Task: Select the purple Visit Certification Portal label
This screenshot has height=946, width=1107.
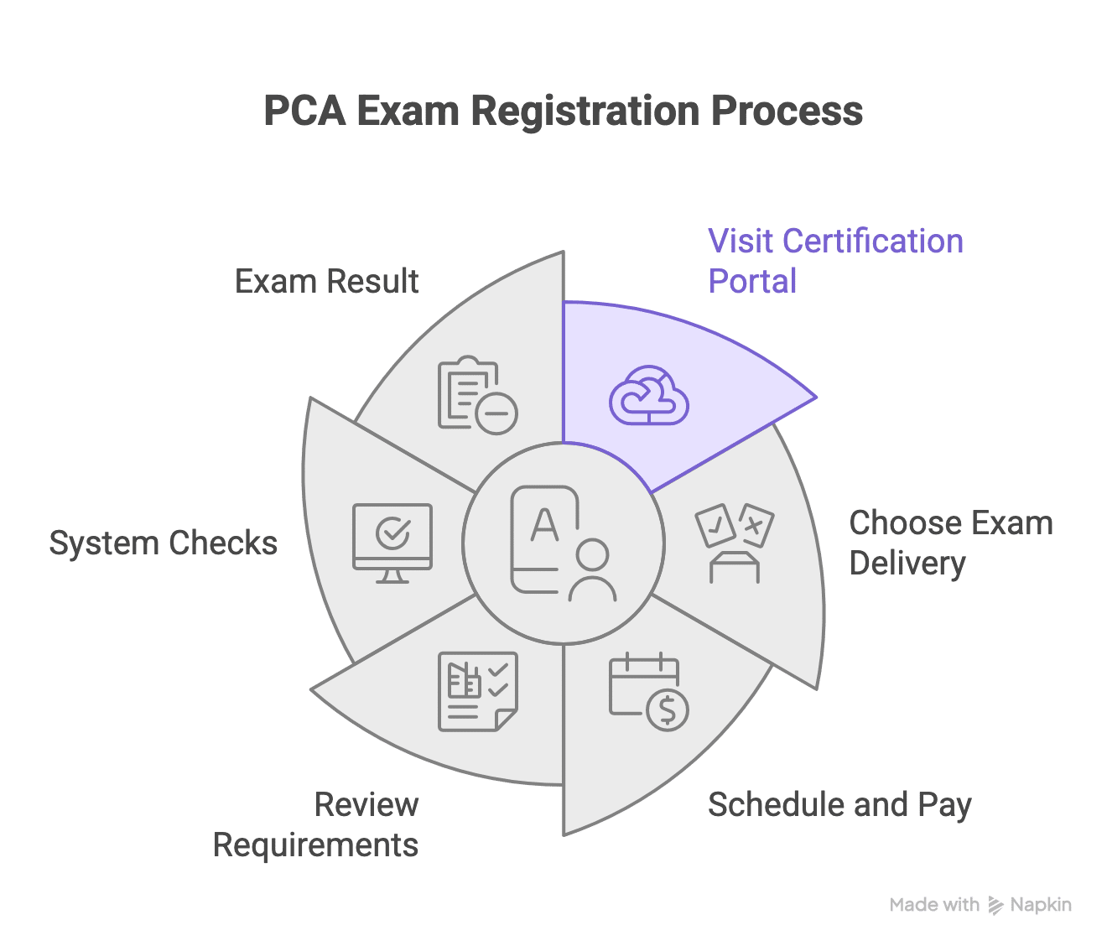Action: tap(835, 261)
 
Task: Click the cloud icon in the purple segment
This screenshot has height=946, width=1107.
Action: tap(648, 395)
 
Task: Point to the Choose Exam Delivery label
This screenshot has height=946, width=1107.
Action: tap(950, 543)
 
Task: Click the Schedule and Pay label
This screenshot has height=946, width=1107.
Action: tap(839, 805)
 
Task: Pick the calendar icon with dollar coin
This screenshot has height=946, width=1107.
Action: tap(648, 691)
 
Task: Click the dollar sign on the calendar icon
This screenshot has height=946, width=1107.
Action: tap(668, 709)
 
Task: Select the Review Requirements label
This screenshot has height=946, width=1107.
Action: tap(317, 824)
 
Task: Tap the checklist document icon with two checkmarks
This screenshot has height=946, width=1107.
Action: tap(478, 691)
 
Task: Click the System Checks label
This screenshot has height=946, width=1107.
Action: tap(163, 543)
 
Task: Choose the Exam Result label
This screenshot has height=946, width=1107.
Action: tap(326, 281)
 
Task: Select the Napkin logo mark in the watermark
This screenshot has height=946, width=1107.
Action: tap(995, 905)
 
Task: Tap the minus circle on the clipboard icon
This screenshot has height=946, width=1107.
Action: tap(496, 413)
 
